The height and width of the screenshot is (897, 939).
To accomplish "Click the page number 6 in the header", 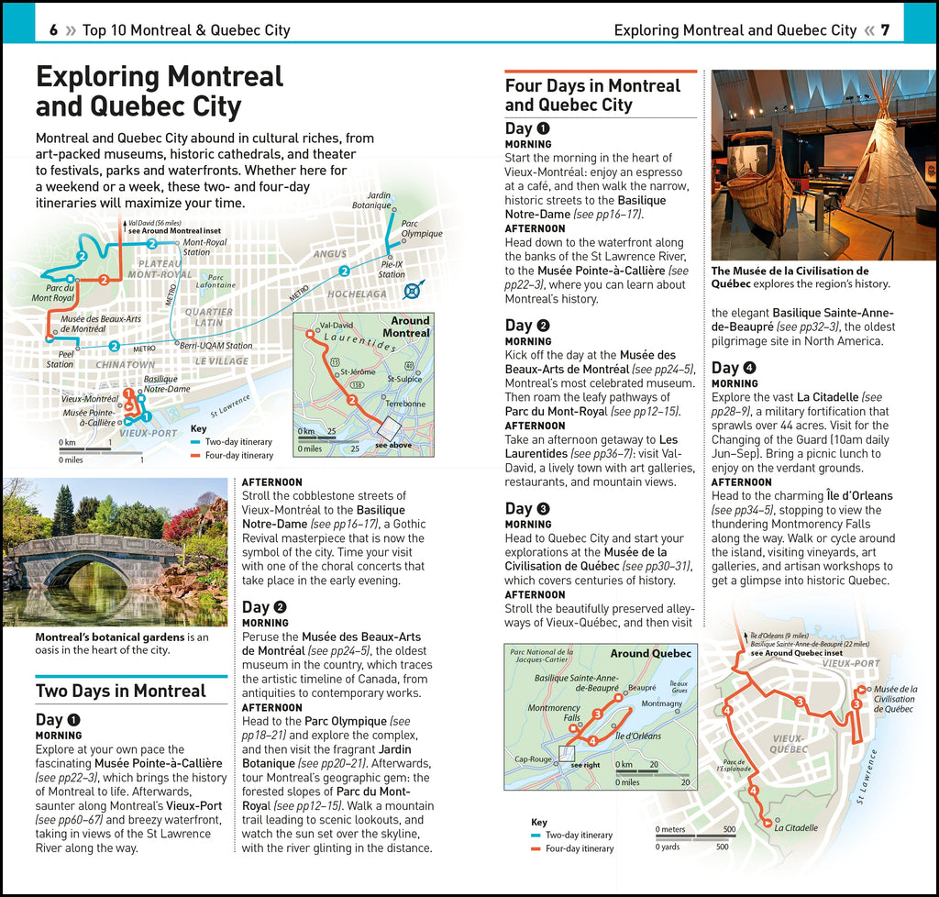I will point(54,30).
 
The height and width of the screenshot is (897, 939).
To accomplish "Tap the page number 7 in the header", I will point(885,30).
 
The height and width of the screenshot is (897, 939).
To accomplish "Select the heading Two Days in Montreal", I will point(120,691).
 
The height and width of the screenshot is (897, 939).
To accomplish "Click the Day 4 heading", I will point(735,368).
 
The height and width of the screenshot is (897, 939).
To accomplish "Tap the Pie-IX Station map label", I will point(392,269).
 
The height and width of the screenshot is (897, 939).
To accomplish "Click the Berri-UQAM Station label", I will point(216,346).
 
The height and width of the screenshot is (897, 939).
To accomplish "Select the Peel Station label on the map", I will point(61,359).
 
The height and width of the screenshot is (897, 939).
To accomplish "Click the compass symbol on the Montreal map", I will point(413,292).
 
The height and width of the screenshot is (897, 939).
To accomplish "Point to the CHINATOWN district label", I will point(126,365).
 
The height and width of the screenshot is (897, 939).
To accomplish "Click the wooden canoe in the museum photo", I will point(760,183).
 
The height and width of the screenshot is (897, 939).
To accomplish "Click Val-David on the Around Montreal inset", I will point(336,326).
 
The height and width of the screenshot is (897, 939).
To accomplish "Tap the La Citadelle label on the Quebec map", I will point(795,827).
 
